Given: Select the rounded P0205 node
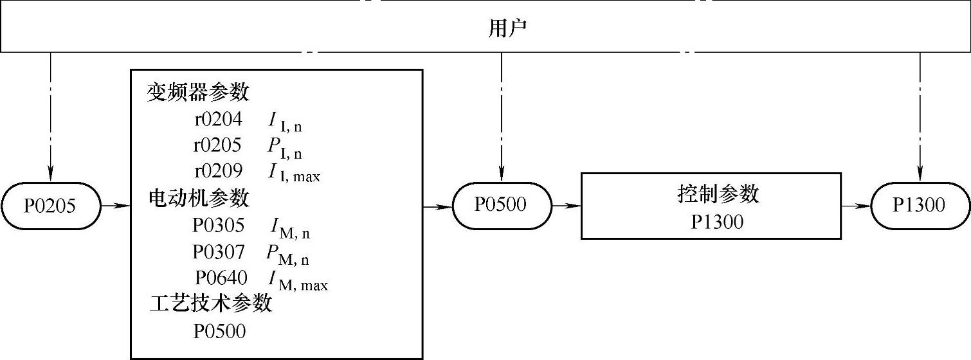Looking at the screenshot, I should coord(50,206).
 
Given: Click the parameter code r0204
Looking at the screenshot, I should coord(218,120).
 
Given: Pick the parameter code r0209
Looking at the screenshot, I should coord(219,172).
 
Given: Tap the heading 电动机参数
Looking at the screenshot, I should coord(199,198).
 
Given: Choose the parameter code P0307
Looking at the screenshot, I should coord(219,251).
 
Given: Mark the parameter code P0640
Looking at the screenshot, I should coord(221,278).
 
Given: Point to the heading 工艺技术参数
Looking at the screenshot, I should coord(211,303).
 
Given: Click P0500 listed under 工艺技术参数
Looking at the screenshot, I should coord(220,332).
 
